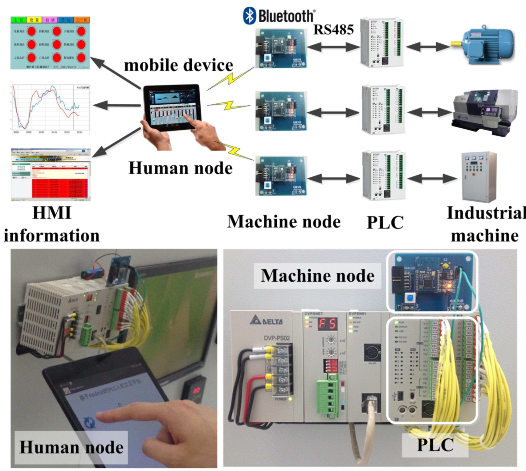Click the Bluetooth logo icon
tap(249, 16)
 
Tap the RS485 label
tap(333, 30)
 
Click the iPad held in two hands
tap(172, 108)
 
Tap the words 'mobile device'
tap(178, 65)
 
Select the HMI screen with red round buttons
tap(50, 43)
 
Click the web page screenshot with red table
tap(51, 175)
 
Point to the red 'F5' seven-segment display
tap(327, 324)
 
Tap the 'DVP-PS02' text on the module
tap(277, 338)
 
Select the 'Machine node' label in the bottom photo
tap(317, 276)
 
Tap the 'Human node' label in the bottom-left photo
tap(71, 447)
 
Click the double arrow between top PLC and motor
tap(428, 47)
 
